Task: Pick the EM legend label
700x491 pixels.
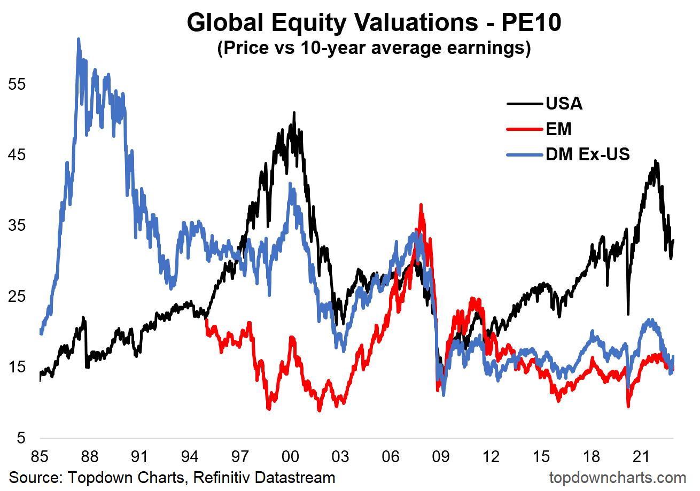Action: click(558, 129)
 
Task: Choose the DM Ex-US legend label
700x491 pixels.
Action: click(588, 155)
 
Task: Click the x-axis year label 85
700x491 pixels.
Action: click(40, 457)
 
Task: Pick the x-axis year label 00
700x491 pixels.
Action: click(291, 457)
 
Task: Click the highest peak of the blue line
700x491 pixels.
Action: click(79, 39)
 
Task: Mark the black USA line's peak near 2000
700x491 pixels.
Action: click(294, 113)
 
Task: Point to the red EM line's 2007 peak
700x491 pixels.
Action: click(421, 205)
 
